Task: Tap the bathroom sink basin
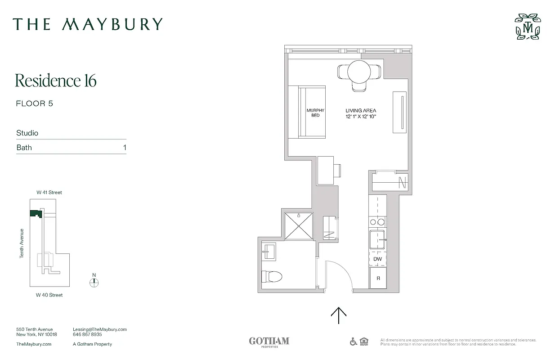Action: pyautogui.click(x=269, y=251)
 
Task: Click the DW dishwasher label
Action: pyautogui.click(x=377, y=259)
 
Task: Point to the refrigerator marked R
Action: pyautogui.click(x=378, y=279)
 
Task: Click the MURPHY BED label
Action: pyautogui.click(x=315, y=112)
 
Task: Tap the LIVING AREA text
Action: pyautogui.click(x=361, y=111)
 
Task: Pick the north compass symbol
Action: pyautogui.click(x=94, y=283)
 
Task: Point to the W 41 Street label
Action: pyautogui.click(x=49, y=193)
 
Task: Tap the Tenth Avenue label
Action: pyautogui.click(x=22, y=243)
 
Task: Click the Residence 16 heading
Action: pyautogui.click(x=56, y=81)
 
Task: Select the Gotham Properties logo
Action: pyautogui.click(x=269, y=342)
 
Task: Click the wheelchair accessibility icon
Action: pyautogui.click(x=354, y=342)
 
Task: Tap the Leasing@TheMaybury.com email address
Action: pyautogui.click(x=99, y=329)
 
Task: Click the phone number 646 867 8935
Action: pyautogui.click(x=87, y=335)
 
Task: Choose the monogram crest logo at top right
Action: pyautogui.click(x=528, y=27)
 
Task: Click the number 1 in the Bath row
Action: pyautogui.click(x=125, y=148)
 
